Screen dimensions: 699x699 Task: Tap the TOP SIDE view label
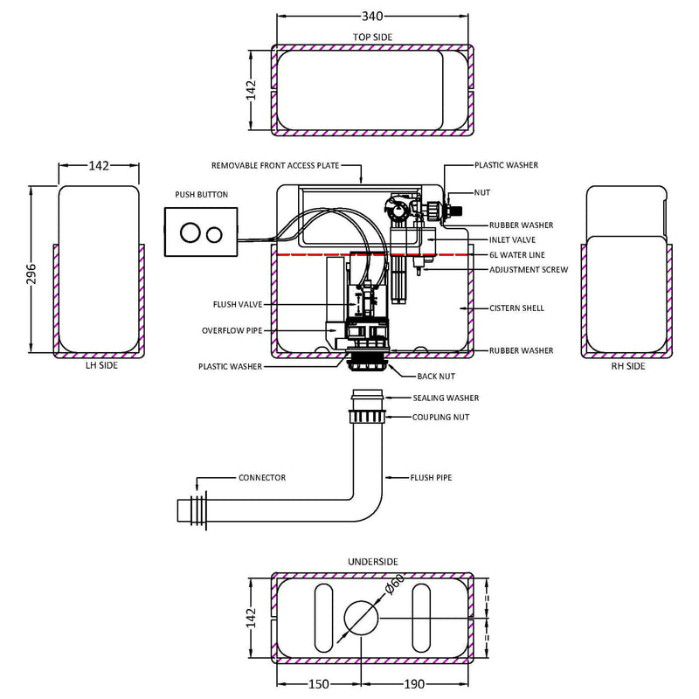coord(373,38)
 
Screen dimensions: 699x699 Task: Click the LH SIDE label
coord(96,366)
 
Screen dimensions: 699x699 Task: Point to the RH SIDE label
coord(628,366)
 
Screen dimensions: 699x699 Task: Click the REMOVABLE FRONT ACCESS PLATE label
coord(275,164)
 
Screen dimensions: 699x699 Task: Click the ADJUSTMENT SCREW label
coord(529,270)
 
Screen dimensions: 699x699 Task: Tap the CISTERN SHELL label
coord(516,308)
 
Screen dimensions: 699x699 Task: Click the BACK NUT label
coord(435,376)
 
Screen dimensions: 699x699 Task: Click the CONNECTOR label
coord(261,478)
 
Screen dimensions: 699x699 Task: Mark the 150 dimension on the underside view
coord(320,684)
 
